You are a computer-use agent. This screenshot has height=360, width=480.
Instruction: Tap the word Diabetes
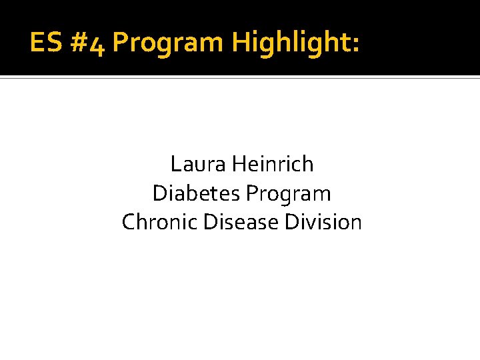pos(196,193)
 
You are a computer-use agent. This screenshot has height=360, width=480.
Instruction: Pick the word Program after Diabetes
pos(288,195)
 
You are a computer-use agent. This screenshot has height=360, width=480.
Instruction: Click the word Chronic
pos(160,222)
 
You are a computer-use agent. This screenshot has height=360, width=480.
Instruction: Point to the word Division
pos(323,222)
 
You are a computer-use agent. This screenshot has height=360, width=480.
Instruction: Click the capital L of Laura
pos(175,163)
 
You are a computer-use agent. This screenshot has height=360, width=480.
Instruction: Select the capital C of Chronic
pos(129,222)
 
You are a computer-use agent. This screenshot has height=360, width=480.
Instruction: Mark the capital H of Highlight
pos(240,43)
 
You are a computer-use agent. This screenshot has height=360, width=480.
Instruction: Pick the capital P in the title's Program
pos(120,43)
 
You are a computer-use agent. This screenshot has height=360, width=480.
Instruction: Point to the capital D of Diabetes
pos(159,193)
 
